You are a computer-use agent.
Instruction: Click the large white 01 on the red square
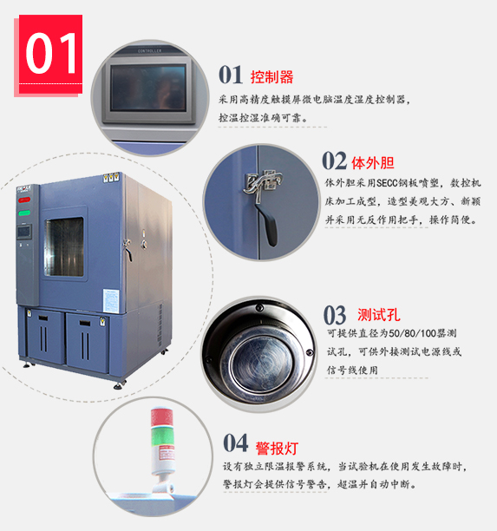[51, 53]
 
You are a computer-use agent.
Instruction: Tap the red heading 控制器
[271, 77]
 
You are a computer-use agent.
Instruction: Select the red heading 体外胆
[373, 163]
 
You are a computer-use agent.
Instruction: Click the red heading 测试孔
[379, 315]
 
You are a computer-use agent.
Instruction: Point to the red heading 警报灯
[277, 449]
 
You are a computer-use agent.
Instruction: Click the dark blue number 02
[334, 161]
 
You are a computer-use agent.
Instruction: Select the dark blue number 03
[335, 315]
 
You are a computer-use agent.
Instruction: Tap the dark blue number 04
[236, 443]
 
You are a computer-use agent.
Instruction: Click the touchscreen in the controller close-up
[148, 88]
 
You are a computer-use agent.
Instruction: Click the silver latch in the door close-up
[263, 184]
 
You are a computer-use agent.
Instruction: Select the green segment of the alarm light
[162, 437]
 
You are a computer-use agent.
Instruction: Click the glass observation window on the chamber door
[64, 246]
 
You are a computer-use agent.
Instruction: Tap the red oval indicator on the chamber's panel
[24, 200]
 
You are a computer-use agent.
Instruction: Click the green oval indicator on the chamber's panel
[24, 213]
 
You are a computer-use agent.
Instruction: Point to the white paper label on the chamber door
[111, 301]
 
